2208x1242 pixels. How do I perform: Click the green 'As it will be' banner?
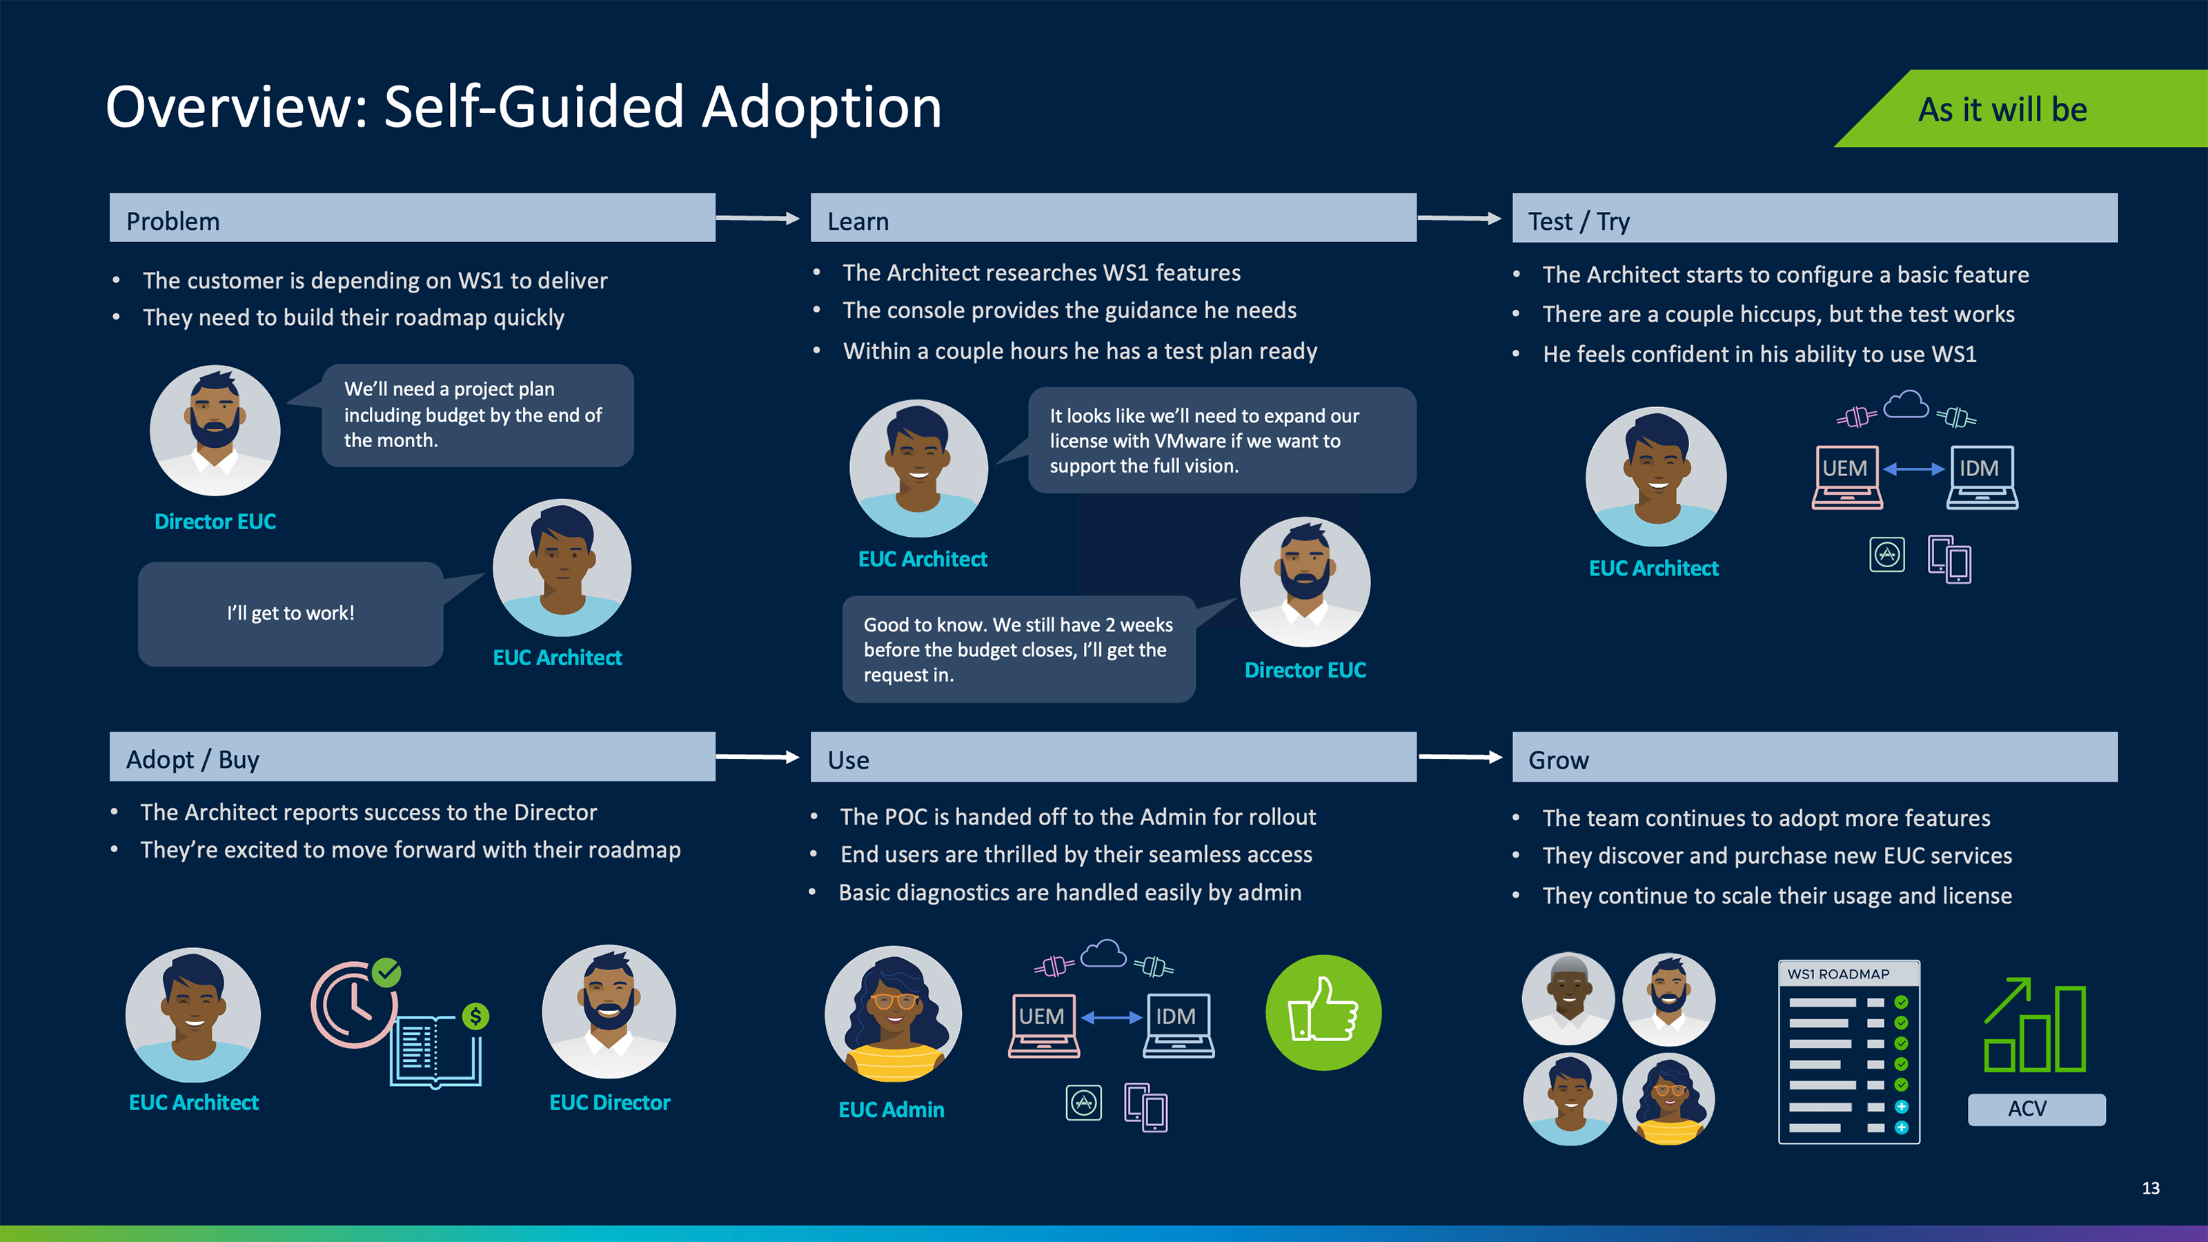pyautogui.click(x=2023, y=109)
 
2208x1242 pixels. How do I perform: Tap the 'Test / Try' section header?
pyautogui.click(x=1814, y=219)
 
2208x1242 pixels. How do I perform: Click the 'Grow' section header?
pyautogui.click(x=1814, y=758)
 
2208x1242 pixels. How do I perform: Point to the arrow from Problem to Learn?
pyautogui.click(x=758, y=219)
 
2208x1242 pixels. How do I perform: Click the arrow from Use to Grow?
pyautogui.click(x=1460, y=757)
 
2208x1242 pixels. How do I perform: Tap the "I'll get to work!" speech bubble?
pyautogui.click(x=290, y=613)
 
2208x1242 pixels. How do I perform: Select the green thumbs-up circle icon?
pyautogui.click(x=1323, y=1012)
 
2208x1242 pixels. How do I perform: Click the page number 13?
pyautogui.click(x=2151, y=1188)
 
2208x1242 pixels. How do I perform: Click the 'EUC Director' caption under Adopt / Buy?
pyautogui.click(x=609, y=1103)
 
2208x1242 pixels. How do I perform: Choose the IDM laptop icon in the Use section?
pyautogui.click(x=1179, y=1024)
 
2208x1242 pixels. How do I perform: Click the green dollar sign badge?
pyautogui.click(x=475, y=1016)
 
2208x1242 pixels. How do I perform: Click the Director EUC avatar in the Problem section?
pyautogui.click(x=215, y=431)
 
